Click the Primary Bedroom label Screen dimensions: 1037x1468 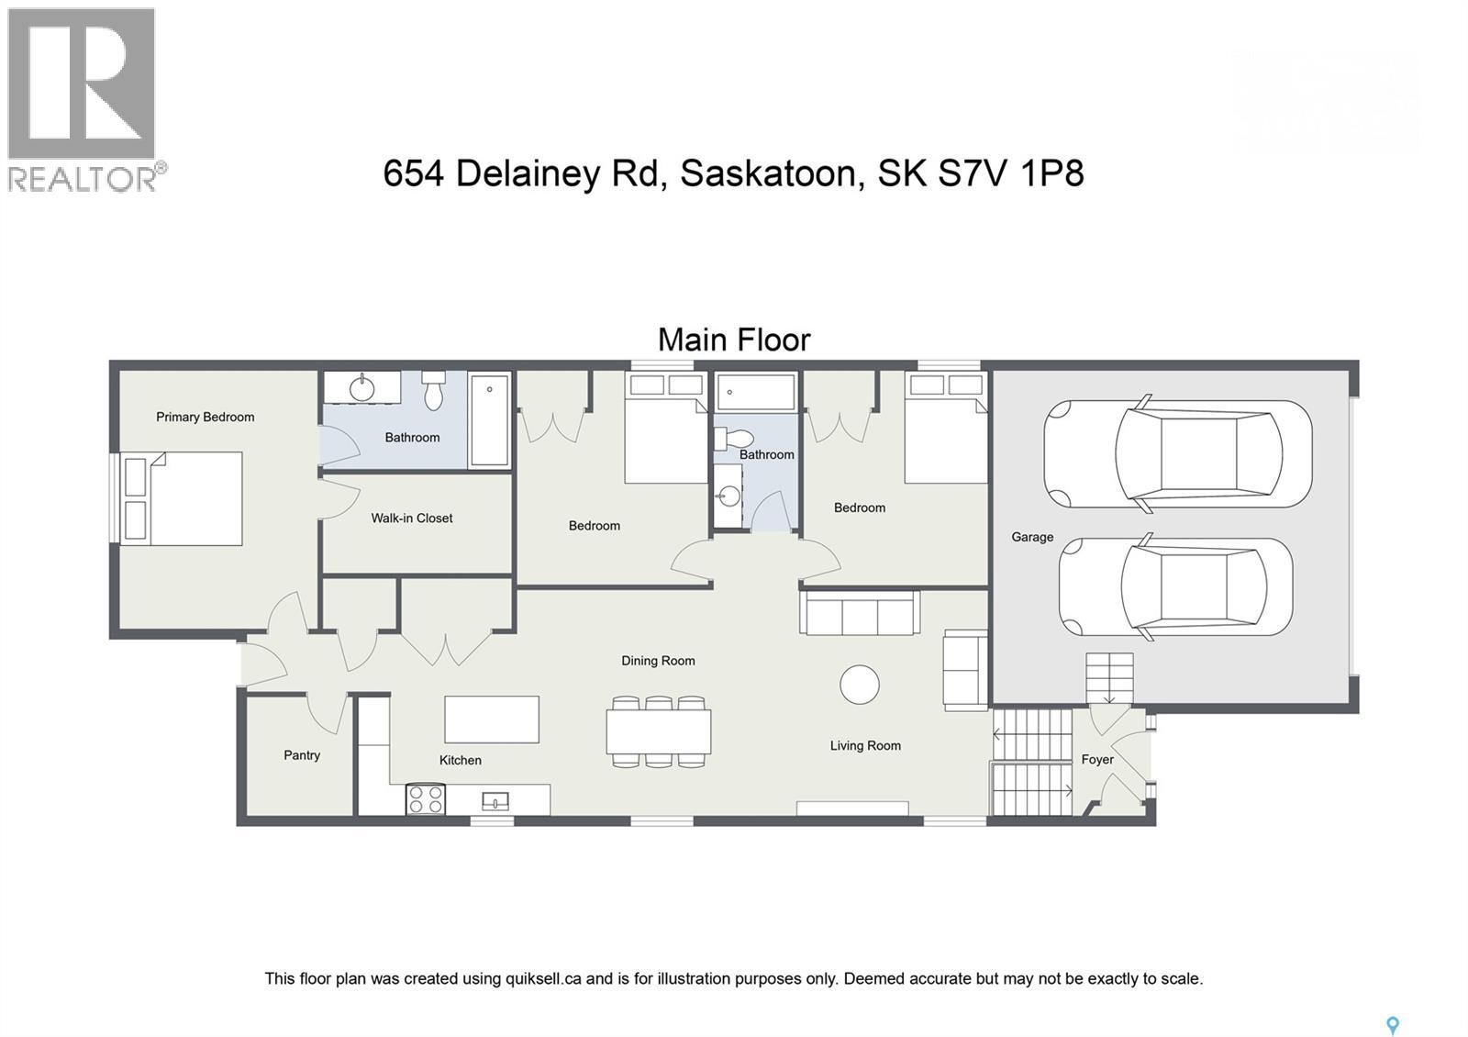[205, 417]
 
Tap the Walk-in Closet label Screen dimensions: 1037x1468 [411, 518]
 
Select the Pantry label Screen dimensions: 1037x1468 [302, 755]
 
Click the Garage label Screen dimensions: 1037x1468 [1032, 537]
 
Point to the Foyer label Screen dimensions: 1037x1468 [1097, 759]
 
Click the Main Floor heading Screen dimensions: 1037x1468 [734, 340]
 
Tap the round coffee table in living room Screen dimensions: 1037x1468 [860, 685]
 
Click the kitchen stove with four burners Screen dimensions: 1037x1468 [426, 799]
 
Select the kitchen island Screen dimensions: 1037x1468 [492, 719]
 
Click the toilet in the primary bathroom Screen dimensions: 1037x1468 [434, 392]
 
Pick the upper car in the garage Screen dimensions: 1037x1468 [1178, 453]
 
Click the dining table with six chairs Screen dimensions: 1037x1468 [658, 731]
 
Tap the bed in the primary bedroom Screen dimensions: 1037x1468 [183, 498]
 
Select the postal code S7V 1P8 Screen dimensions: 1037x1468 [1010, 173]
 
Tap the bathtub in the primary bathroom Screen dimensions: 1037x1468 [490, 420]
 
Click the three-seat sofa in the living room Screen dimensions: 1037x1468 [860, 613]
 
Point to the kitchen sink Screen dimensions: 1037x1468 [495, 802]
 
